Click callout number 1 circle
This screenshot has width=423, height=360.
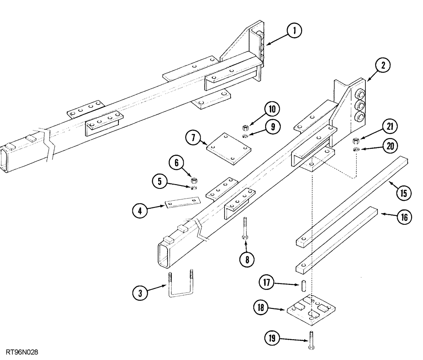pyautogui.click(x=294, y=30)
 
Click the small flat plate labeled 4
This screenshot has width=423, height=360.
pyautogui.click(x=182, y=203)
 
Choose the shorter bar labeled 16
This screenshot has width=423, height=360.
pyautogui.click(x=334, y=240)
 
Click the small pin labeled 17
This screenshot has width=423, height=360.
pyautogui.click(x=303, y=286)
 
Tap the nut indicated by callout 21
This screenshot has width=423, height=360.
pyautogui.click(x=356, y=140)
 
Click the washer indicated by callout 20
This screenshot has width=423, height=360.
pyautogui.click(x=356, y=149)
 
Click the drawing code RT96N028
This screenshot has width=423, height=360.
pyautogui.click(x=25, y=352)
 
